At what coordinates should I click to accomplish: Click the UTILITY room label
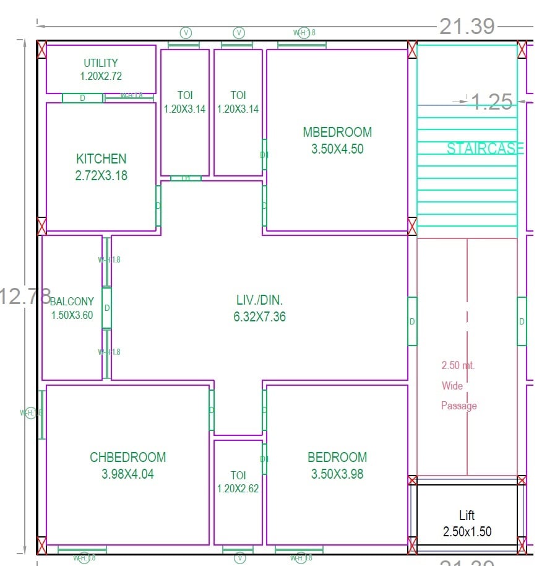(x=101, y=63)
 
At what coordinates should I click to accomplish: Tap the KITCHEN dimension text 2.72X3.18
(x=101, y=175)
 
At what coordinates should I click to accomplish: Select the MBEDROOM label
(x=337, y=132)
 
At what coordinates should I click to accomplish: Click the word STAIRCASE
(x=485, y=149)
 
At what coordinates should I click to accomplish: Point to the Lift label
(x=467, y=515)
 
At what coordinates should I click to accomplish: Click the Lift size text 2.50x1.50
(x=467, y=531)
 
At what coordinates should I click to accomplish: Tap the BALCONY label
(x=72, y=302)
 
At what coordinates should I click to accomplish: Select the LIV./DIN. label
(x=260, y=300)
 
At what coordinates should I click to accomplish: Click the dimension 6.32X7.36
(x=260, y=317)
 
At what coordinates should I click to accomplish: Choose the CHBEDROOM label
(x=127, y=458)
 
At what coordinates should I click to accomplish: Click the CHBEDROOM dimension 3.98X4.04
(x=127, y=474)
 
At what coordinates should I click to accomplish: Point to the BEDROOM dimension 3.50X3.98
(x=337, y=474)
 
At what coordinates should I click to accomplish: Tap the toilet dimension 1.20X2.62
(x=238, y=488)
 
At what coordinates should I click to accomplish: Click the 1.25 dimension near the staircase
(x=492, y=102)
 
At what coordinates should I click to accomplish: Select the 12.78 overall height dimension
(x=25, y=296)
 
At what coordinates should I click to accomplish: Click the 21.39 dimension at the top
(x=467, y=26)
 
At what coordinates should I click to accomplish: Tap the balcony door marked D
(x=107, y=308)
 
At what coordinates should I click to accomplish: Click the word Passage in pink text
(x=459, y=406)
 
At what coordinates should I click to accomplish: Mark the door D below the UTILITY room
(x=82, y=98)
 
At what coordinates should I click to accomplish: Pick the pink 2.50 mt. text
(x=458, y=365)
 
